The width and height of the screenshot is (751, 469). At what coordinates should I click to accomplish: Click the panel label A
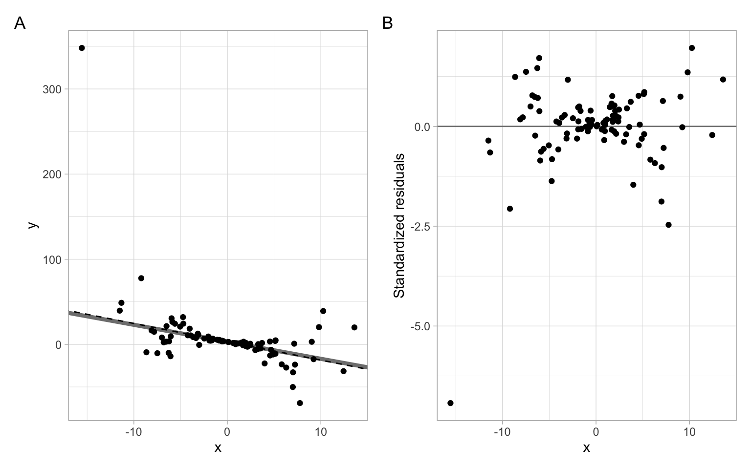click(20, 23)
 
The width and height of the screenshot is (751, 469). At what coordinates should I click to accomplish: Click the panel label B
click(387, 23)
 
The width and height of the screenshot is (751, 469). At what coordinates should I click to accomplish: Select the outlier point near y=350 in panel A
click(82, 48)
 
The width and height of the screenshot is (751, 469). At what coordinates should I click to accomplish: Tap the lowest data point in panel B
click(450, 403)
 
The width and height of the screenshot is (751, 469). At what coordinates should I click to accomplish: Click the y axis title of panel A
click(32, 225)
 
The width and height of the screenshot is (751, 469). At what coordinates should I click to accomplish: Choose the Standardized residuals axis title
click(399, 225)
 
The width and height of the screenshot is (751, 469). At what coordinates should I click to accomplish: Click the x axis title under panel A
click(218, 448)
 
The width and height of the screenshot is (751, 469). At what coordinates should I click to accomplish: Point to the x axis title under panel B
click(586, 448)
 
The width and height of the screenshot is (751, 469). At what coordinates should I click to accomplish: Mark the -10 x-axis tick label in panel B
click(502, 432)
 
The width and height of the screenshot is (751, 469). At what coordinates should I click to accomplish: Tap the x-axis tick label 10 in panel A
click(321, 432)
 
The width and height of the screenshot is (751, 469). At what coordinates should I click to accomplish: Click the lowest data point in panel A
click(300, 403)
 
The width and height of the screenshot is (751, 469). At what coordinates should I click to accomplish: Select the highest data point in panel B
click(692, 48)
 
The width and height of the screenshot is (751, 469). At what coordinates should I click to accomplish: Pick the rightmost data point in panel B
click(723, 79)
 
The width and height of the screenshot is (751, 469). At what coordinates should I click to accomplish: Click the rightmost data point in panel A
click(354, 327)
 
